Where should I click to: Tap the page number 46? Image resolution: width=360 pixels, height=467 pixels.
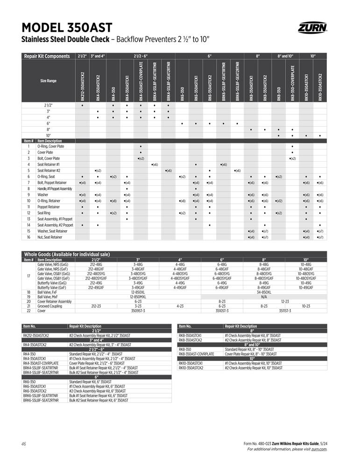pos(24,443)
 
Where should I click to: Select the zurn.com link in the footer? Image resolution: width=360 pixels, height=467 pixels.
pos(319,449)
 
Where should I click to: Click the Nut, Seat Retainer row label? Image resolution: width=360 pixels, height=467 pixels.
pos(50,237)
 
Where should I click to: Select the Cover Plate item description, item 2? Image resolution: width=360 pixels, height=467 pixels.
pos(45,152)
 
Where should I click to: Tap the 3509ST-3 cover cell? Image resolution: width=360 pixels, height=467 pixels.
pos(138,310)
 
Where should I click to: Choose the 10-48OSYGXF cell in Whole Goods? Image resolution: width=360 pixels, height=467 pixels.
pos(306,278)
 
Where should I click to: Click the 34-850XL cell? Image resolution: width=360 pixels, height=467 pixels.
pos(264,292)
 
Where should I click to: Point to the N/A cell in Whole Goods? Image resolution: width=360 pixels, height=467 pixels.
pos(264,297)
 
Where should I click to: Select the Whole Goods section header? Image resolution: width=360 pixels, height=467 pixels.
pos(67,255)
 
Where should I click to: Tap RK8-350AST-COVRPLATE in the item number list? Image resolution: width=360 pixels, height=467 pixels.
pos(196,354)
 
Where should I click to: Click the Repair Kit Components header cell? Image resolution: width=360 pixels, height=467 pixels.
pos(47,56)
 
